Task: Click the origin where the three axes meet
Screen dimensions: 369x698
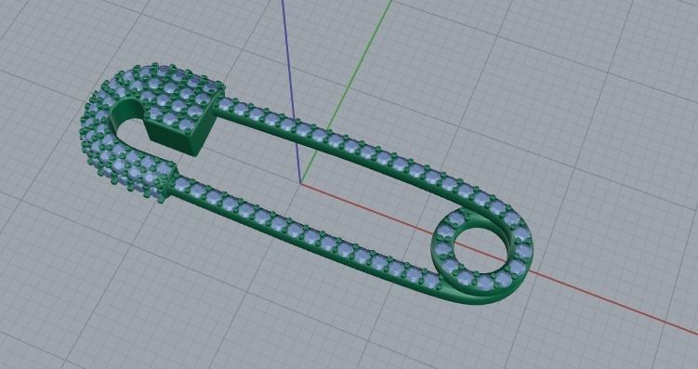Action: click(301, 183)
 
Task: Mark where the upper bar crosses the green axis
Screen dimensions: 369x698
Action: click(321, 137)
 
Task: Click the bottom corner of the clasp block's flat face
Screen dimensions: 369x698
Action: click(193, 152)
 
